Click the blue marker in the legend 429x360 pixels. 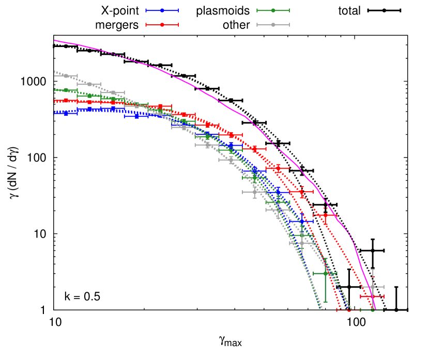pos(162,10)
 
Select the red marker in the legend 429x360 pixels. pos(162,25)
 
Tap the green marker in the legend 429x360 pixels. pos(273,10)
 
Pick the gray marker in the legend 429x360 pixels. pos(273,25)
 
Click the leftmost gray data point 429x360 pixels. pos(66,76)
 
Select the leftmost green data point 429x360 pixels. pos(66,90)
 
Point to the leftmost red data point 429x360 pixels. pos(66,101)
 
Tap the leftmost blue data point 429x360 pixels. pos(66,113)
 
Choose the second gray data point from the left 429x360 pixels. pos(89,84)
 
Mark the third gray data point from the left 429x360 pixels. pos(113,93)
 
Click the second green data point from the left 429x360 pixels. pos(89,96)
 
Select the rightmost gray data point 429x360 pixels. pos(372,287)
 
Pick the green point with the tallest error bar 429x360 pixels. pos(325,273)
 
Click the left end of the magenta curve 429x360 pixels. pos(55,40)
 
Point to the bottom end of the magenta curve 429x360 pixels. pos(375,308)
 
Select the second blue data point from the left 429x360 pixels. pos(89,109)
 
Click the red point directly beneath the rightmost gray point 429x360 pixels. pos(372,296)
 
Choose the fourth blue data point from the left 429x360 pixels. pos(136,116)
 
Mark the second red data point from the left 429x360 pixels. pos(89,102)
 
